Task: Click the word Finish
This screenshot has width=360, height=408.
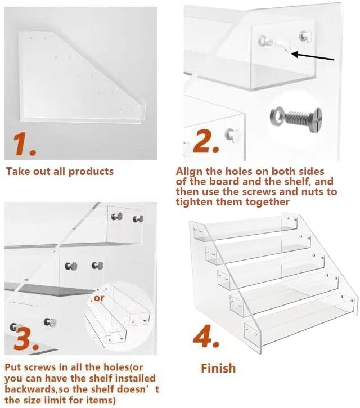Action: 219,368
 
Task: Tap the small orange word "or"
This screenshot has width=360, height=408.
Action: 99,298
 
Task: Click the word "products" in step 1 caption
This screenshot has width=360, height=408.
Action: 91,171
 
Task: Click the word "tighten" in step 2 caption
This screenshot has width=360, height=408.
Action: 195,201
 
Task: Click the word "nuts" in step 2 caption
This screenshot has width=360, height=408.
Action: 310,191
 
